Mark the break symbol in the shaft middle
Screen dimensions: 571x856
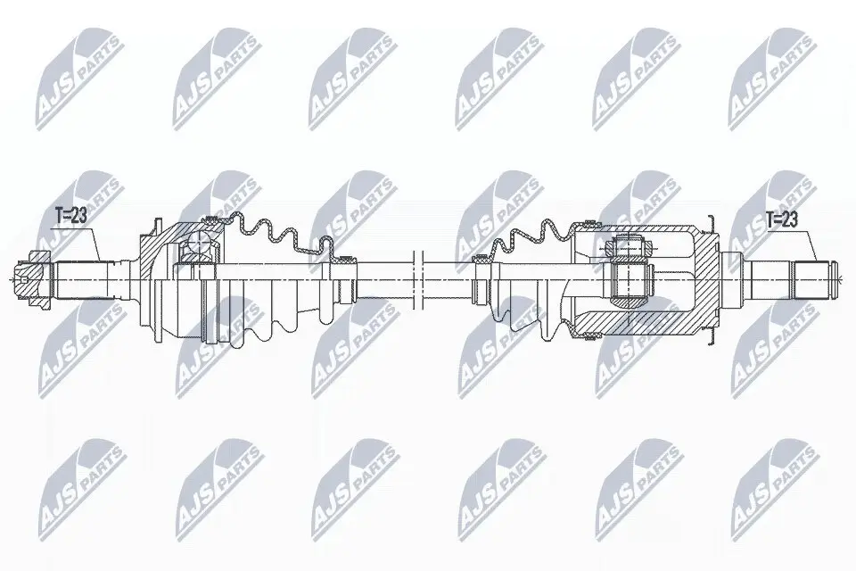(416, 277)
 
